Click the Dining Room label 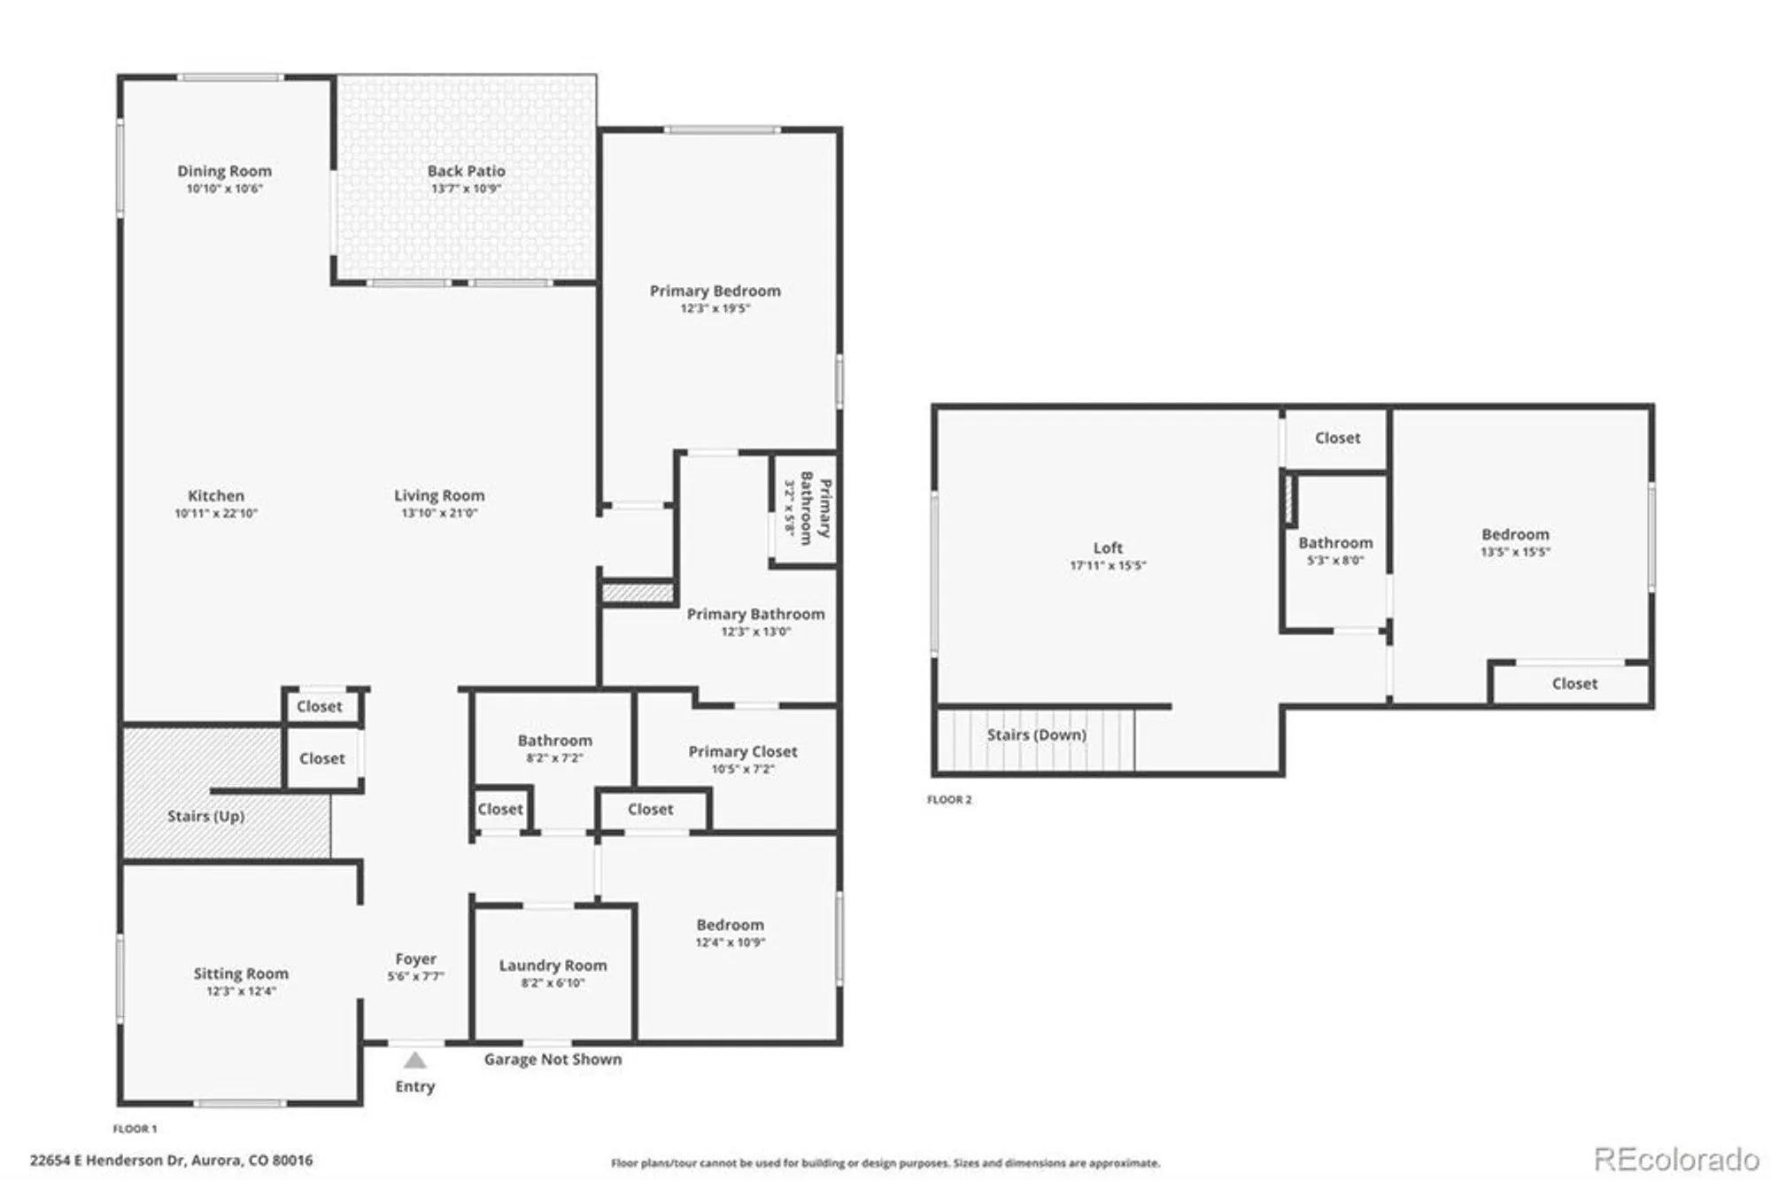coord(224,171)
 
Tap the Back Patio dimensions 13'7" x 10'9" coord(466,189)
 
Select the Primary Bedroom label coord(715,291)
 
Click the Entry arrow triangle coord(414,1060)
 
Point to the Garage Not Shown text coord(553,1060)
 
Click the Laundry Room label coord(553,966)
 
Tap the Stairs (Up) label coord(205,816)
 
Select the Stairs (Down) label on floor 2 coord(1036,734)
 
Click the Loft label coord(1107,547)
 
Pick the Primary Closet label coord(743,751)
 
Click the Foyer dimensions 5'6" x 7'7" coord(415,976)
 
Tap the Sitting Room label coord(241,973)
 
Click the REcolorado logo coord(1675,1159)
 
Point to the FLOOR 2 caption coord(948,799)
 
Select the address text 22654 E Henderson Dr coord(171,1160)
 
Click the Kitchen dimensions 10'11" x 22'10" coord(216,513)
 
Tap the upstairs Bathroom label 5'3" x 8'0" coord(1335,543)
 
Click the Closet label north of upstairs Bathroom coord(1337,438)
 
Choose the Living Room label coord(439,495)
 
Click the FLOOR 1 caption coord(135,1129)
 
